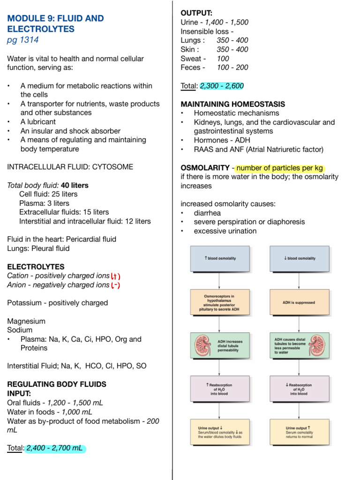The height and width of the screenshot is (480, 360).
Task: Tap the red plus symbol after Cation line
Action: pos(116,276)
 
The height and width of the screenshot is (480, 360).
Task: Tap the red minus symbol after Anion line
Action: pos(115,285)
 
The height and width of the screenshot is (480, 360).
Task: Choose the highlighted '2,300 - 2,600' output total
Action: pos(222,86)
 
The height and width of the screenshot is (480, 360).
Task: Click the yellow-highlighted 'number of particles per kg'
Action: pos(280,168)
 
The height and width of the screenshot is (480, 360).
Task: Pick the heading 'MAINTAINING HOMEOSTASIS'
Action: pos(232,104)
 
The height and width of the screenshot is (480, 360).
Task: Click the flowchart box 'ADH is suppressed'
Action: pos(299,302)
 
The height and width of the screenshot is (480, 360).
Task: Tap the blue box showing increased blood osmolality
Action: pos(220,258)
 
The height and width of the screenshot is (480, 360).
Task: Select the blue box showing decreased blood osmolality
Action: pos(299,258)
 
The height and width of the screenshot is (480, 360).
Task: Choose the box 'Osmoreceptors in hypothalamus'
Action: pos(220,302)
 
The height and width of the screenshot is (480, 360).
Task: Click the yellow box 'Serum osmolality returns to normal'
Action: pos(299,432)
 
